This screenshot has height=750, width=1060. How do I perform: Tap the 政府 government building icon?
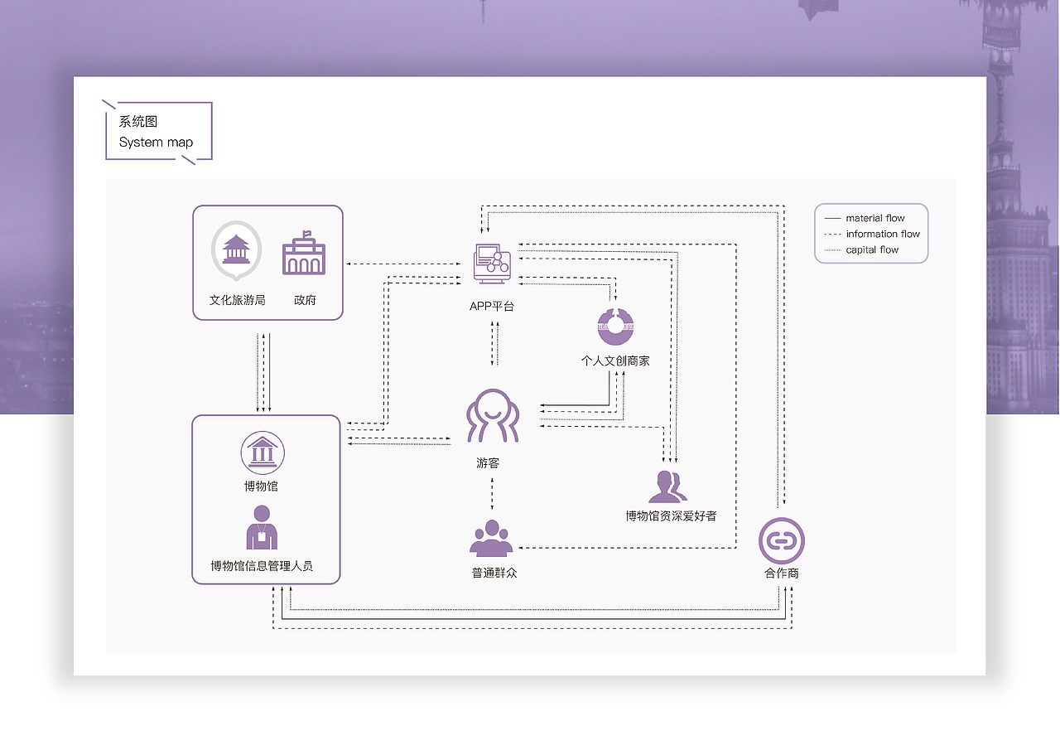coord(304,254)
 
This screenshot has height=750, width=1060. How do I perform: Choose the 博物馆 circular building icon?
coord(262,452)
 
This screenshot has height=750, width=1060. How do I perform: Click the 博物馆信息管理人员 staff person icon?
coord(262,527)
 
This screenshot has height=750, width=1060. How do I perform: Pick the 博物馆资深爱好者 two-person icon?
coord(667,486)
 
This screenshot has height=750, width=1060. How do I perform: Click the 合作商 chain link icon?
coord(781,540)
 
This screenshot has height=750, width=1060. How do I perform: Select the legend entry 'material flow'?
coord(875,218)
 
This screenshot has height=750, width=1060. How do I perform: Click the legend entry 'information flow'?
coord(883,234)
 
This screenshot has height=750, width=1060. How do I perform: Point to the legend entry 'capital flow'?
coord(872,249)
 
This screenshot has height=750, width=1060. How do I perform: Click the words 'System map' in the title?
coord(156,143)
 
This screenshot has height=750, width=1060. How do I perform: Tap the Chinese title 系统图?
coord(138,122)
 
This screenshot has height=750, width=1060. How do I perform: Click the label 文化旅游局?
coord(237,300)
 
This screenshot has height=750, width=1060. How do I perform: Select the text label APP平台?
coord(492,307)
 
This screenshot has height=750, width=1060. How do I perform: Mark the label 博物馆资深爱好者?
coord(671,516)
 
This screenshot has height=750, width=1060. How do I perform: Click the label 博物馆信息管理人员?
coord(262,567)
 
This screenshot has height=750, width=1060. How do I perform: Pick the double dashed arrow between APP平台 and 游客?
coord(494,342)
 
